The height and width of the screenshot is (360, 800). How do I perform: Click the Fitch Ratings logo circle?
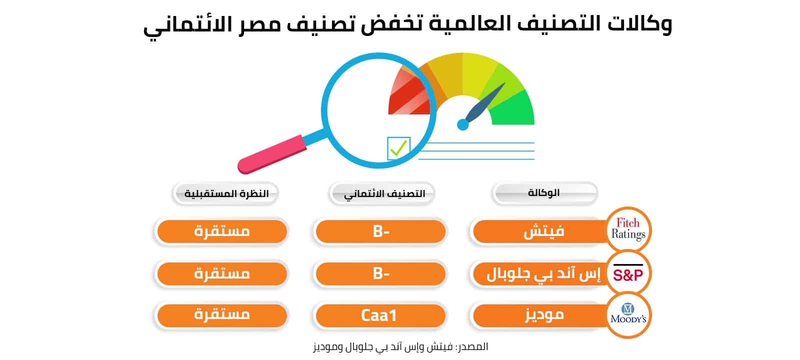(628, 229)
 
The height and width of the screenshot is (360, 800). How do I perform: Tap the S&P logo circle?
(628, 273)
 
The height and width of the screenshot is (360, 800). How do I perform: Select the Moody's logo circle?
(628, 315)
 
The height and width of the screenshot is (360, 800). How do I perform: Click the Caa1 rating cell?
(380, 315)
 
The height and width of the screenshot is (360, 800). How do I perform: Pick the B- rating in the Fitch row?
(380, 231)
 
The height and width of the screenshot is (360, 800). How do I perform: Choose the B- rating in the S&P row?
(380, 273)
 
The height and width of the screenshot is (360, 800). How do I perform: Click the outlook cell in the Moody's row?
(222, 315)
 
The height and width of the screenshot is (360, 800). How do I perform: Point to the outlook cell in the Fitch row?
(222, 231)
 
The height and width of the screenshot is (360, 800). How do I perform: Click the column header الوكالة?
(544, 193)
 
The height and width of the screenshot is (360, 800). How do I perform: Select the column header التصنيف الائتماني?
(382, 193)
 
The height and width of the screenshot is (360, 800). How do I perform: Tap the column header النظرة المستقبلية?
(225, 193)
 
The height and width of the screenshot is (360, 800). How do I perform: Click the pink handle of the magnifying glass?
(272, 154)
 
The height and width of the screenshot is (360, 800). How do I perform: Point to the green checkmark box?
(398, 148)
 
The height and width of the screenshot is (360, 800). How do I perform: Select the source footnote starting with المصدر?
(400, 347)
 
